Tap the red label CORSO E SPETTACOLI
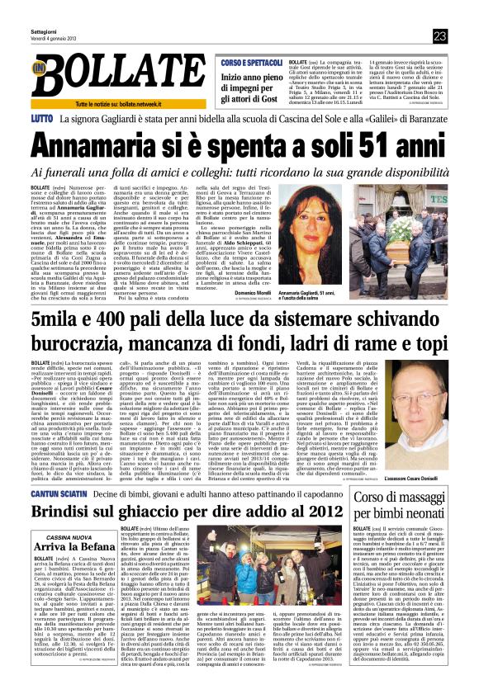tap(253, 64)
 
